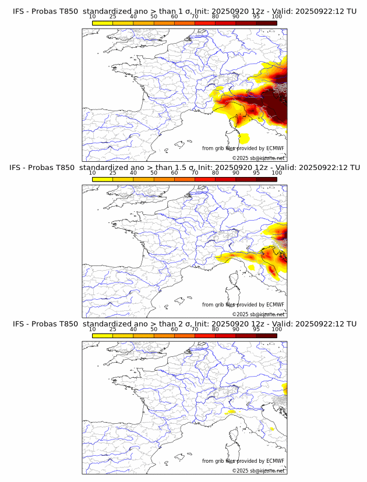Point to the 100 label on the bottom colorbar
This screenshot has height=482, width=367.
click(x=277, y=329)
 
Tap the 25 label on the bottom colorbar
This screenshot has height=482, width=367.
click(x=113, y=329)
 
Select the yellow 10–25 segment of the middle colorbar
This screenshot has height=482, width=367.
click(x=103, y=179)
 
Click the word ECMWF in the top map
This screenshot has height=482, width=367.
click(x=275, y=148)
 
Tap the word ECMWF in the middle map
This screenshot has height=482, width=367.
click(x=275, y=304)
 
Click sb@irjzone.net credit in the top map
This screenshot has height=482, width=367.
click(x=267, y=158)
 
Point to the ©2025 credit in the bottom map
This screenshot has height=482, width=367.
click(x=239, y=470)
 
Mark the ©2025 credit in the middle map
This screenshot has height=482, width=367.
click(x=239, y=314)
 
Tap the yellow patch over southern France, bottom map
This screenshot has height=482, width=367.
click(x=231, y=411)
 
